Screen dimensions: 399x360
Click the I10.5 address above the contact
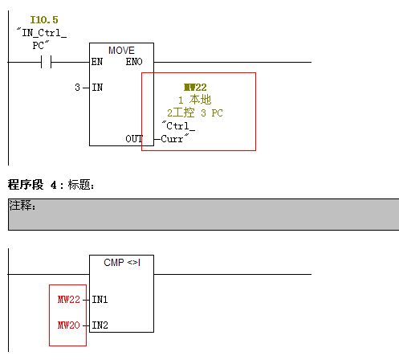pos(44,19)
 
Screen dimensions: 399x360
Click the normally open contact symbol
pos(46,62)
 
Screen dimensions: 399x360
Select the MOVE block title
pos(121,51)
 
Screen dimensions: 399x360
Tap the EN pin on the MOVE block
pos(97,62)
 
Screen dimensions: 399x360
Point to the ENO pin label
pos(134,62)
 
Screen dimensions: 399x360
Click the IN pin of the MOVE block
pos(97,88)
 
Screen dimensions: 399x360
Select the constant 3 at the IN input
pos(77,88)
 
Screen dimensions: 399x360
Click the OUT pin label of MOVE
pos(134,139)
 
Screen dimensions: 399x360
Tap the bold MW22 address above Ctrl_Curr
pos(195,88)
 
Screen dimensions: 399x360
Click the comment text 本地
pos(200,100)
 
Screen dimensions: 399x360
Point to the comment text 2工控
pos(181,112)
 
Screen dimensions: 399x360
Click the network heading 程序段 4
pos(32,185)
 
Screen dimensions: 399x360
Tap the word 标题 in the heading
pos(79,185)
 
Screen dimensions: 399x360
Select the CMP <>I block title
pos(122,263)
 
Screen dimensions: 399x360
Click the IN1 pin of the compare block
pos(100,300)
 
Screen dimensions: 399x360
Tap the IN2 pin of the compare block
pos(100,325)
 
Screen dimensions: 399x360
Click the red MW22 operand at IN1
pos(69,300)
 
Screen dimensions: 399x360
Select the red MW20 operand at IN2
pos(69,325)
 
